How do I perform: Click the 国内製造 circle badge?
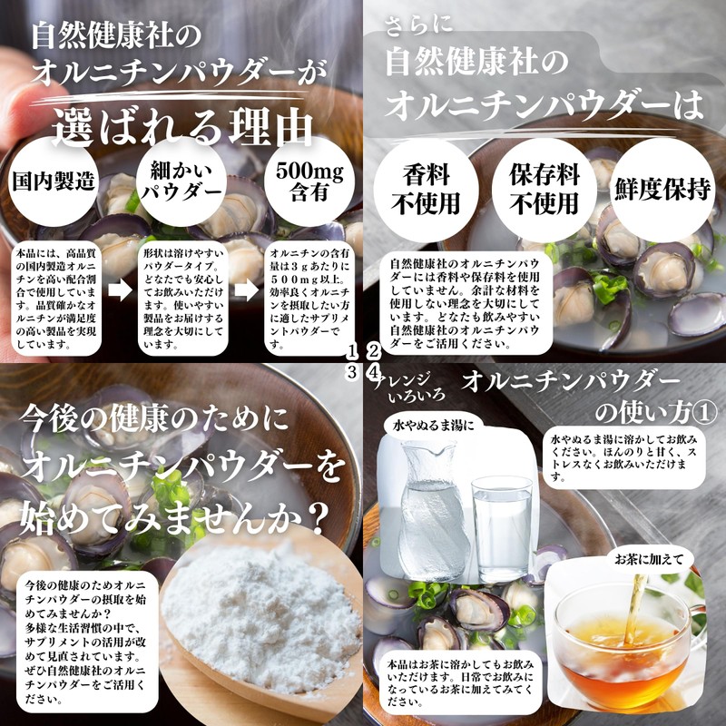click(54, 180)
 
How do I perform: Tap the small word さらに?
click(414, 23)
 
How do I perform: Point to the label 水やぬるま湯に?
click(432, 424)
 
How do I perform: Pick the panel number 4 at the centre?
click(373, 373)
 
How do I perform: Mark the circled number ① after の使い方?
click(701, 412)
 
